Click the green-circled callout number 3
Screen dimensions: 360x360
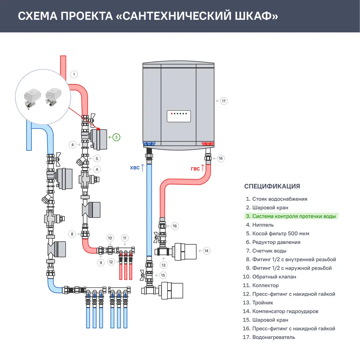coord(116,137)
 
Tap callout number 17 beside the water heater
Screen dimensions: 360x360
coord(224,101)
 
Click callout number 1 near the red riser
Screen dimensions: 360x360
coord(74,75)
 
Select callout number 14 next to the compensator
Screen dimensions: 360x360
coord(206,251)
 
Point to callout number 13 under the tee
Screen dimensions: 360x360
coord(164,265)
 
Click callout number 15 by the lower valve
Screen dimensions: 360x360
coord(163,275)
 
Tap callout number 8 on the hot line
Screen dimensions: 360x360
coord(72,234)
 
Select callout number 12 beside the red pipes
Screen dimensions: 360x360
coord(111,262)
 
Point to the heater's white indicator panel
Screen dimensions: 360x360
coord(179,116)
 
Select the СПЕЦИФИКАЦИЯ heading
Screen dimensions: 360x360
coord(272,186)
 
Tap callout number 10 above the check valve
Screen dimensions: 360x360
coord(110,238)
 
